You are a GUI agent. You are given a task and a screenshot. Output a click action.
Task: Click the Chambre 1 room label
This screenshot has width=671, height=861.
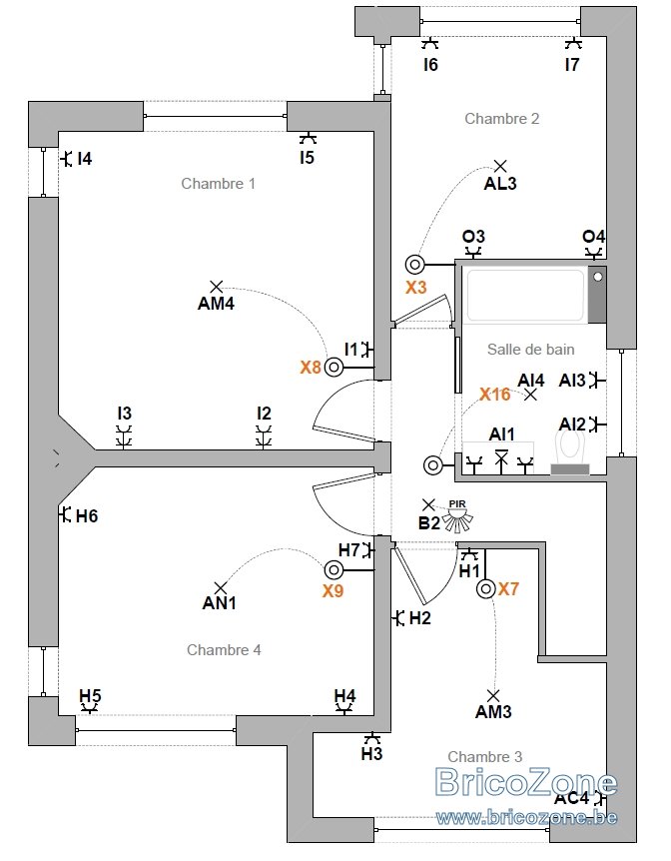pyautogui.click(x=218, y=184)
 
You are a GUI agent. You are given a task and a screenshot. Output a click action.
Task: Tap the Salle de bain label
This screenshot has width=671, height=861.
pyautogui.click(x=531, y=350)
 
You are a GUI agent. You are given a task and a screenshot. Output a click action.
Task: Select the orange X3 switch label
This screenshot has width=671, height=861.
pyautogui.click(x=415, y=288)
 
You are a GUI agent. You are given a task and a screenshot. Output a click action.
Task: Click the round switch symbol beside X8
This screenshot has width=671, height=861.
pyautogui.click(x=334, y=367)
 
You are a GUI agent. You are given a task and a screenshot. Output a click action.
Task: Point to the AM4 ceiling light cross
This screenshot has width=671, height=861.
pyautogui.click(x=217, y=286)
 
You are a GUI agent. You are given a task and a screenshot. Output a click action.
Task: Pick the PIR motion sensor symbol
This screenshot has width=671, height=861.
pyautogui.click(x=458, y=516)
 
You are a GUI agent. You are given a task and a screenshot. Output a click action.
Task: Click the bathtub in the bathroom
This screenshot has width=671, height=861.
pyautogui.click(x=524, y=295)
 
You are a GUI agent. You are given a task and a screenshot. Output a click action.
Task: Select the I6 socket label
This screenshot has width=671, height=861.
pyautogui.click(x=430, y=65)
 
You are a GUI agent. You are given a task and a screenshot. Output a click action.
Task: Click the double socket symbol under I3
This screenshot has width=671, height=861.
pyautogui.click(x=124, y=437)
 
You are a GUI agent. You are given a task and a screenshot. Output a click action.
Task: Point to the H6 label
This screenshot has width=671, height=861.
pyautogui.click(x=87, y=516)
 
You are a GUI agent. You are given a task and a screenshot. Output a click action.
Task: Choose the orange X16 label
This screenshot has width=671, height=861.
pyautogui.click(x=494, y=395)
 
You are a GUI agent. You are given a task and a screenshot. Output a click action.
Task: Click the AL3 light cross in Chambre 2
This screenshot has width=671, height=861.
pyautogui.click(x=499, y=165)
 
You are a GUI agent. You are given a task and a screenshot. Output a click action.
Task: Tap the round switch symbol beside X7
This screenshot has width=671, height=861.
pyautogui.click(x=485, y=589)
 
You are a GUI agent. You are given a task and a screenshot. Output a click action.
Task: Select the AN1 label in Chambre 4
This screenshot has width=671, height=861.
pyautogui.click(x=219, y=603)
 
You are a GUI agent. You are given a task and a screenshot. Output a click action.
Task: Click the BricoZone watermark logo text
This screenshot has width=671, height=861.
pyautogui.click(x=526, y=782)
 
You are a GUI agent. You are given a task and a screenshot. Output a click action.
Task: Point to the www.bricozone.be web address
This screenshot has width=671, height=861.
pyautogui.click(x=526, y=818)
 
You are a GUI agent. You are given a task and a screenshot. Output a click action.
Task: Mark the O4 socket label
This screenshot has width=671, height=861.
pyautogui.click(x=593, y=237)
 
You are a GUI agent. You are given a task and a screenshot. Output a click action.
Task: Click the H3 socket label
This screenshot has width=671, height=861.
pyautogui.click(x=371, y=754)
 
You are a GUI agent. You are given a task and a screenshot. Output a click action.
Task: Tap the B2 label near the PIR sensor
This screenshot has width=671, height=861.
pyautogui.click(x=428, y=523)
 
